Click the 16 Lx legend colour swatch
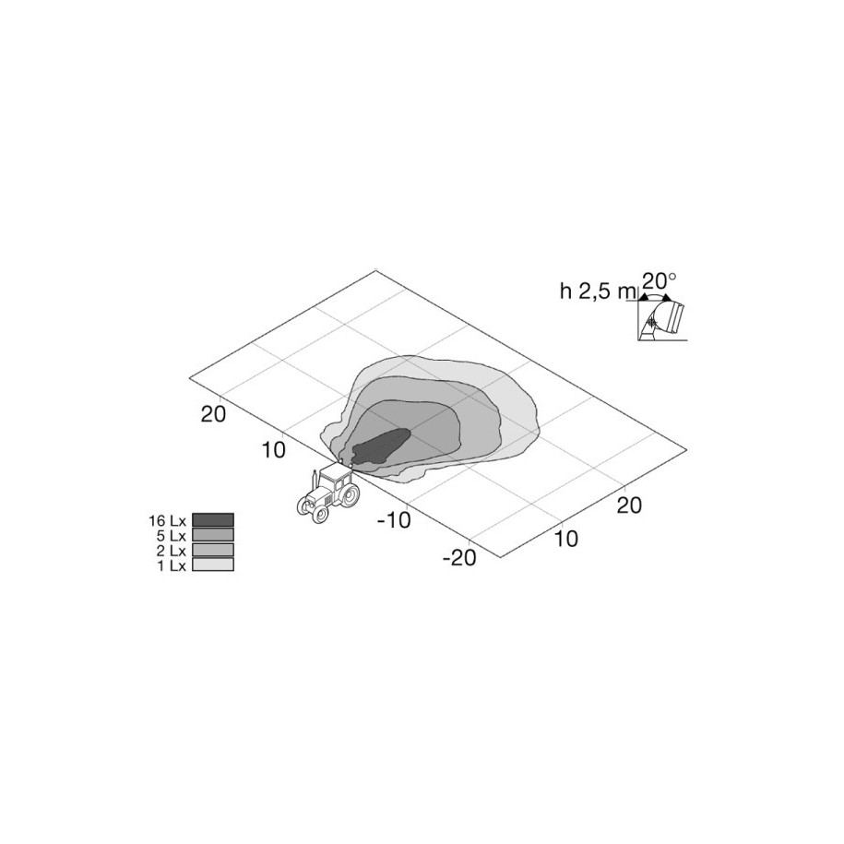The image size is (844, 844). coord(213,520)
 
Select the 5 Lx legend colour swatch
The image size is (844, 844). coord(213,534)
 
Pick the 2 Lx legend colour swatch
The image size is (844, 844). coord(213,550)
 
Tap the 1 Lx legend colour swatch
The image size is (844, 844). coord(213,565)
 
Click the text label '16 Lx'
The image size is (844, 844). coord(167,521)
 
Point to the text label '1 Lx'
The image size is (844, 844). coord(172,565)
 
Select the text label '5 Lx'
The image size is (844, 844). coord(172,536)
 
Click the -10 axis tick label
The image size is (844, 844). coord(394,520)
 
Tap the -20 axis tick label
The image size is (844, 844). coord(459,558)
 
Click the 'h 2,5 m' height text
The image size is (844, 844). coord(598,291)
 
